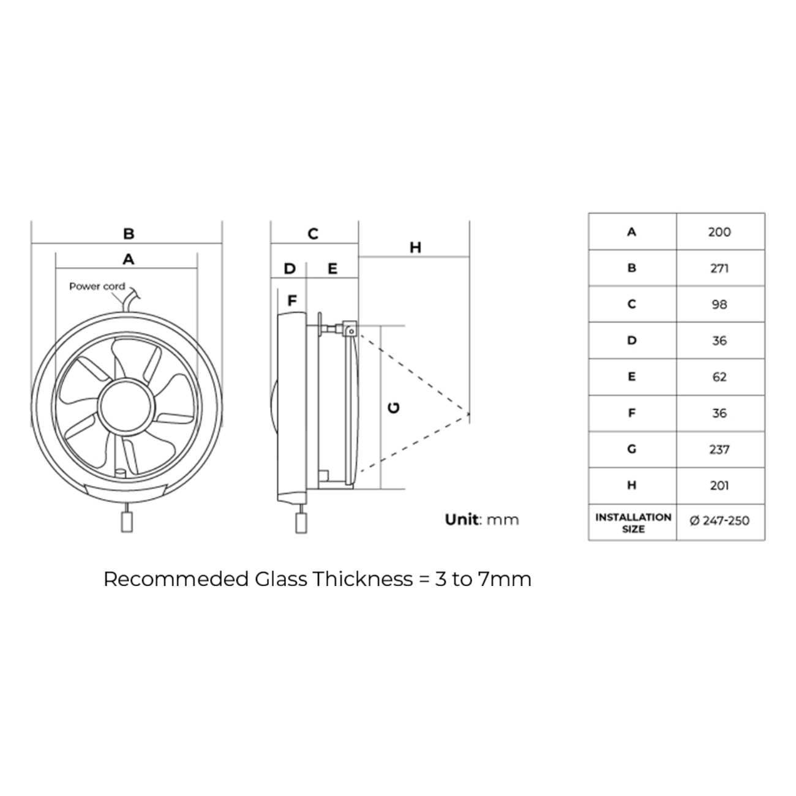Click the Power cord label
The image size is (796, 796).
[x=97, y=287]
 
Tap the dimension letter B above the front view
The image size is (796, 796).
[x=129, y=233]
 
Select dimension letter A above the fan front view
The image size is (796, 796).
[x=128, y=260]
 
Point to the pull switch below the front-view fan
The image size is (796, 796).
[x=127, y=522]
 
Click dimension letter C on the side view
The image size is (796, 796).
[x=313, y=234]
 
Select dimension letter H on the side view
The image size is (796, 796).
[x=415, y=247]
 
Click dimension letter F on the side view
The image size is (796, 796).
[x=292, y=301]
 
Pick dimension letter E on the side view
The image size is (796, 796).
[x=332, y=269]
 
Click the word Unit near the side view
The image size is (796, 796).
[x=462, y=520]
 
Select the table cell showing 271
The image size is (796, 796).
[x=719, y=268]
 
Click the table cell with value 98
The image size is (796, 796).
[x=719, y=304]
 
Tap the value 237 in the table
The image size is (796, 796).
[x=719, y=449]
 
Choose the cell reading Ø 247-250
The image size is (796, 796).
[x=719, y=521]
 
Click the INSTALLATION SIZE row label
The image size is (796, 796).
[x=633, y=522]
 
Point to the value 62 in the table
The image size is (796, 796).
[x=719, y=377]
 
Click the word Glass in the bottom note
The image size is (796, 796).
[x=281, y=579]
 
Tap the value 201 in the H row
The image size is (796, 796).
[x=719, y=486]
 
